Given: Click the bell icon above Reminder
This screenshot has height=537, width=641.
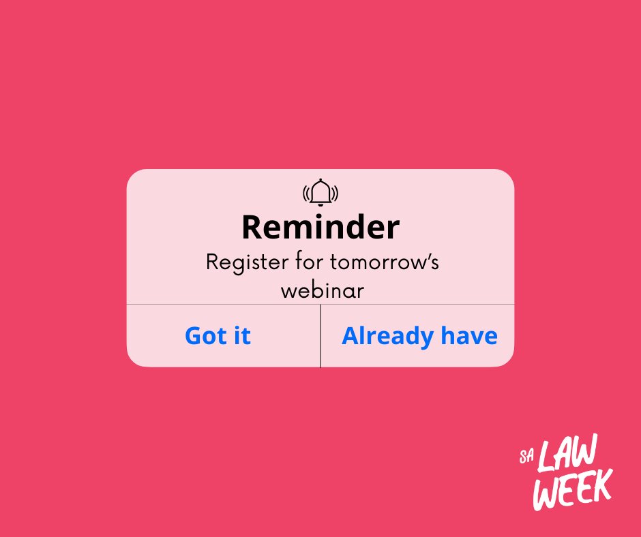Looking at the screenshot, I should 320,191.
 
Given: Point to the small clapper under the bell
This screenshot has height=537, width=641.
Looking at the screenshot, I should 320,205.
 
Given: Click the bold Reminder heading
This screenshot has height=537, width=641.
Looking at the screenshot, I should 320,227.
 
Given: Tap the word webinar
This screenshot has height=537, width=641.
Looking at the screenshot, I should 323,290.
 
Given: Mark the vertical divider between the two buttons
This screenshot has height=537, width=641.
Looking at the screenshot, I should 320,336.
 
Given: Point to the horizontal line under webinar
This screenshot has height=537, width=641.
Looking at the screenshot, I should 320,305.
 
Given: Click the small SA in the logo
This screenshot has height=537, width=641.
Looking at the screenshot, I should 524,454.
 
